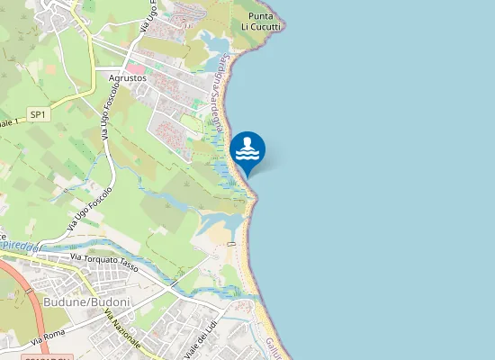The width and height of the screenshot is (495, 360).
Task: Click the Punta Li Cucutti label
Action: (262, 22)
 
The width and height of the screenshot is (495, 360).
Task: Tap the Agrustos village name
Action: (128, 77)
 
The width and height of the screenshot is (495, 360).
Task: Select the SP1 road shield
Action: (38, 114)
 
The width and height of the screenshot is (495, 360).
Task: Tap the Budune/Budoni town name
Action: (86, 301)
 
